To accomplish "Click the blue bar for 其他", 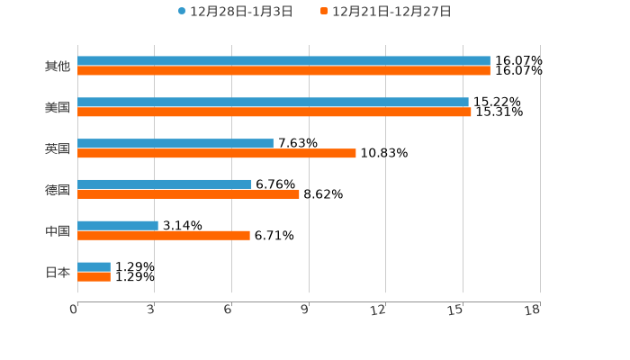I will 283,61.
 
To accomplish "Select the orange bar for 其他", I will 283,71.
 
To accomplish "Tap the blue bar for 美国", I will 273,103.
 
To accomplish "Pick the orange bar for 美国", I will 274,112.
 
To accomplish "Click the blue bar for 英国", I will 175,144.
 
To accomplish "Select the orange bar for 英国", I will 217,154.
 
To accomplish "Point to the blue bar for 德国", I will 165,184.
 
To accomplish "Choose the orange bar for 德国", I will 188,194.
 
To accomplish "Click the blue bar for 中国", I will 118,226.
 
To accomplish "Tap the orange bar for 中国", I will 164,236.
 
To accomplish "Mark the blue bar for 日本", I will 94,267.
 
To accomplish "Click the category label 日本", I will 58,272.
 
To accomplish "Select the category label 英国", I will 58,148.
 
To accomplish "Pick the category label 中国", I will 58,231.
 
